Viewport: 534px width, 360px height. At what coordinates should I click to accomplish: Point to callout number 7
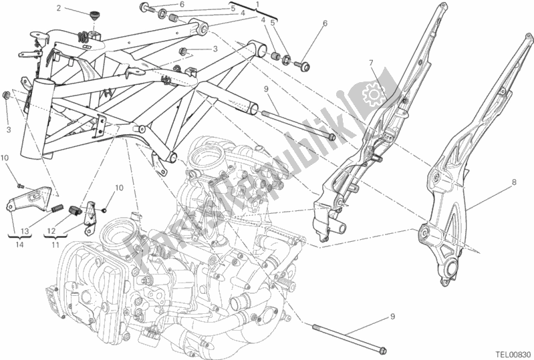coord(370,63)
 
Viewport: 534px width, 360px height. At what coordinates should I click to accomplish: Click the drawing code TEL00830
coord(510,353)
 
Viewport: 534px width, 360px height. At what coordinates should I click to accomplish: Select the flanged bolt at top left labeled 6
coord(144,8)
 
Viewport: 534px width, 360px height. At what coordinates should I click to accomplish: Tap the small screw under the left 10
coord(21,183)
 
